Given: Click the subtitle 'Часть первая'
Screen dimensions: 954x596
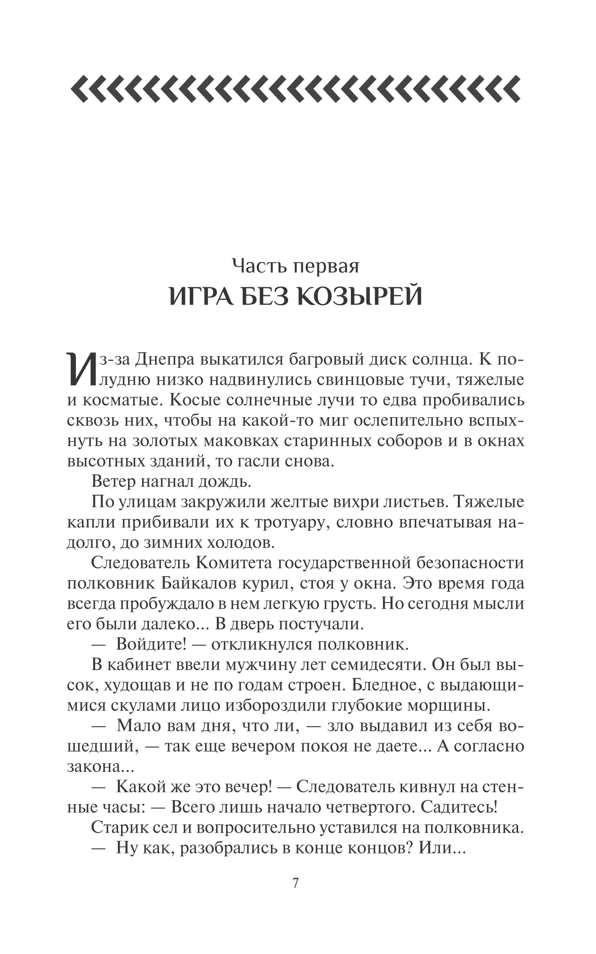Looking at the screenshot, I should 296,266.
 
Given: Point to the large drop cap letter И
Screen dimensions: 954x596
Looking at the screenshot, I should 80,368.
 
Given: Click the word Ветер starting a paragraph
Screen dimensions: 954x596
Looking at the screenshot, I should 113,481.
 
